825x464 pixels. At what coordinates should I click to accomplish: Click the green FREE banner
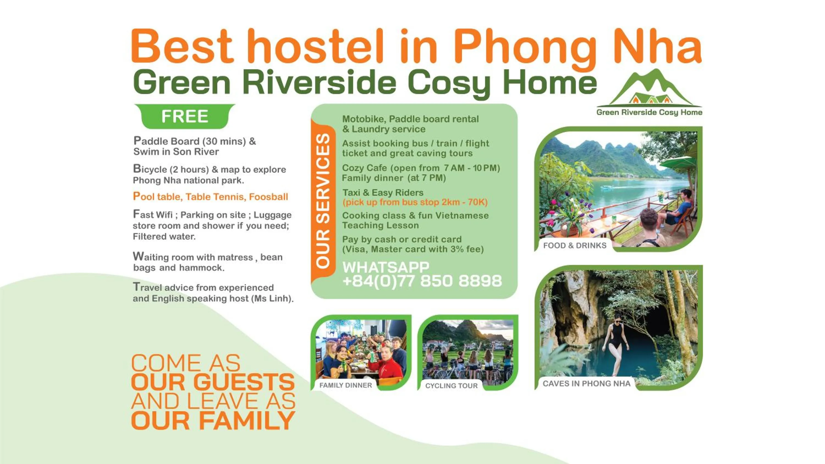pyautogui.click(x=185, y=116)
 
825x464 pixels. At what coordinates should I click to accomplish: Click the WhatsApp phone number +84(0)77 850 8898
pyautogui.click(x=422, y=281)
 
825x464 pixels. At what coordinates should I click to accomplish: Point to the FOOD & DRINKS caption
pyautogui.click(x=574, y=246)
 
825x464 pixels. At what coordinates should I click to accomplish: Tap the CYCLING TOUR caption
pyautogui.click(x=451, y=386)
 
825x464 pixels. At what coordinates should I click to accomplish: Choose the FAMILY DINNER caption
pyautogui.click(x=346, y=385)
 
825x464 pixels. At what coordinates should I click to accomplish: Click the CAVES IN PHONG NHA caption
pyautogui.click(x=586, y=384)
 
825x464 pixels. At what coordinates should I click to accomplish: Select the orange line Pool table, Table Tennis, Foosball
pyautogui.click(x=210, y=197)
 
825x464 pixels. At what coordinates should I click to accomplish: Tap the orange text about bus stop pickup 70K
pyautogui.click(x=415, y=202)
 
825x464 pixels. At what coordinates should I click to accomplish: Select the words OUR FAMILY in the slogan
pyautogui.click(x=213, y=421)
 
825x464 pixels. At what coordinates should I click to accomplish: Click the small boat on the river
pyautogui.click(x=606, y=188)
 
